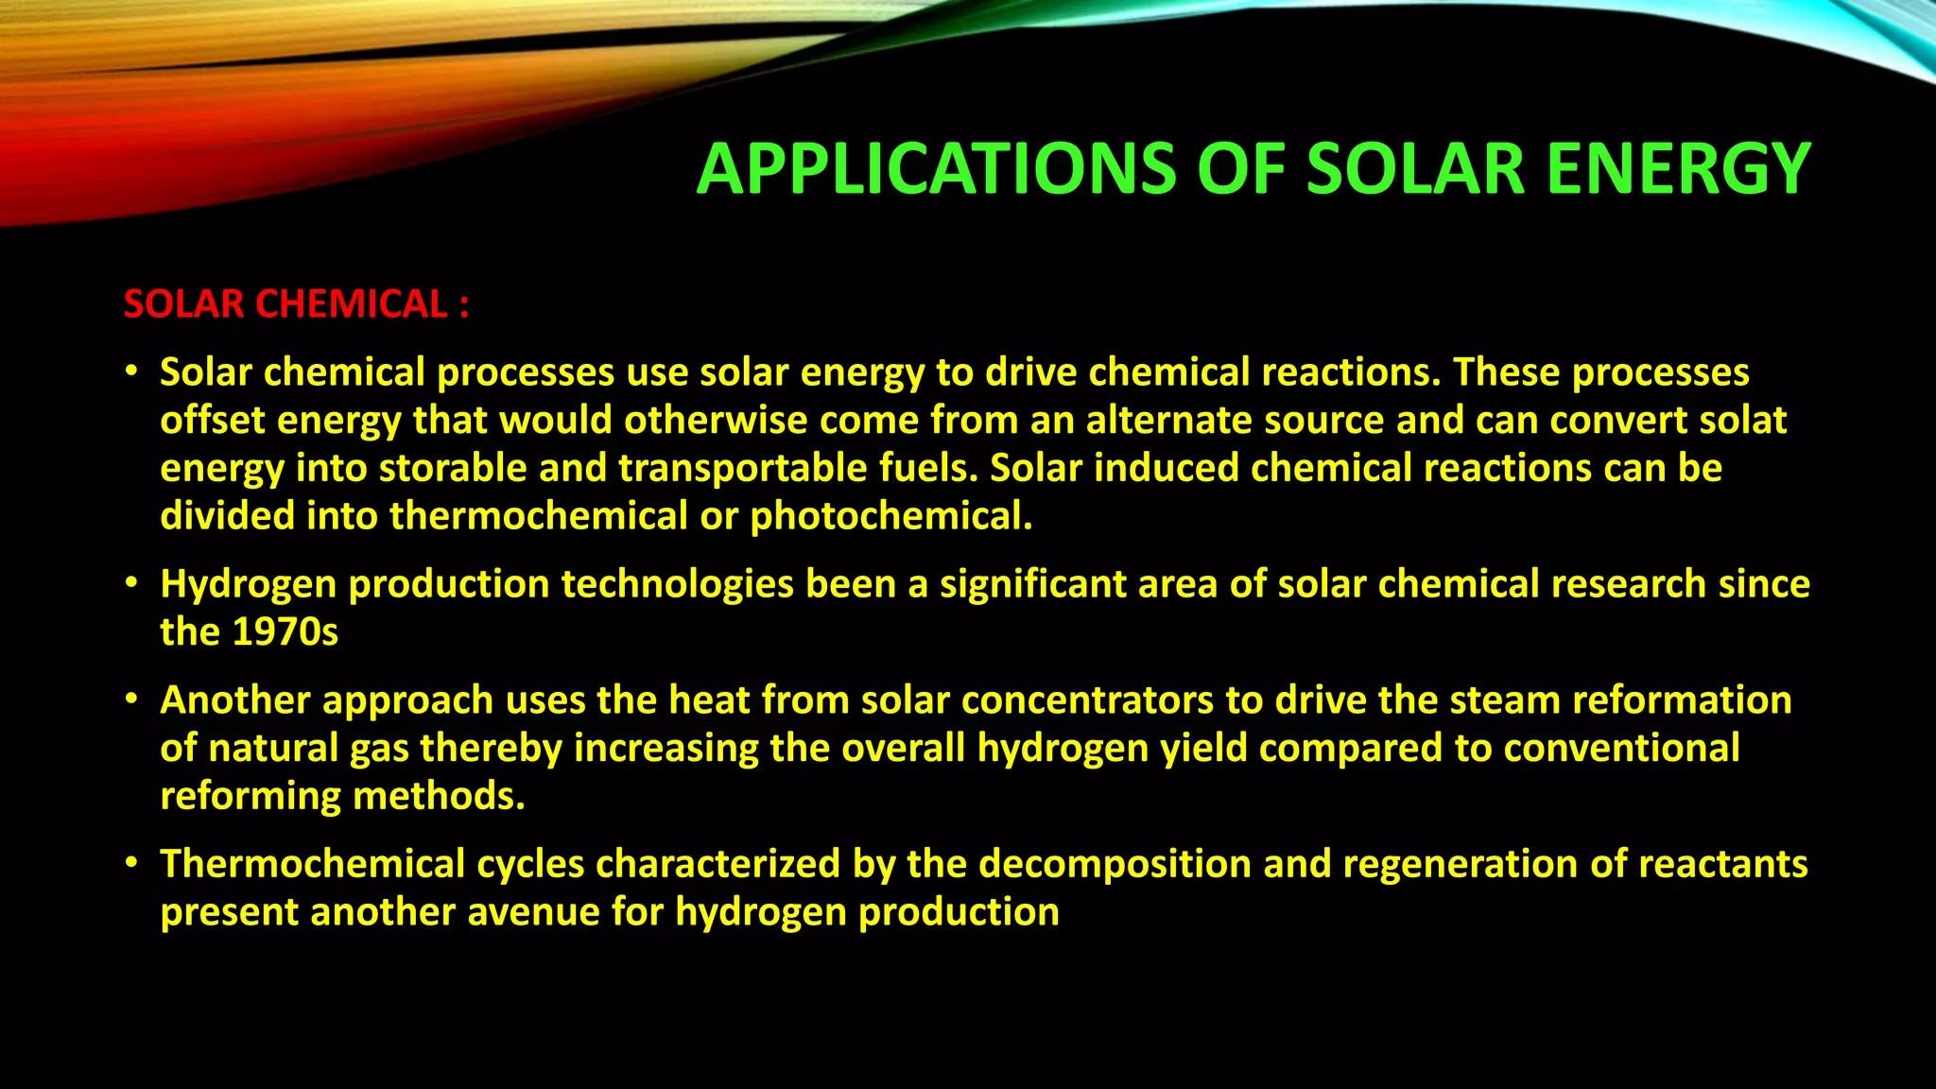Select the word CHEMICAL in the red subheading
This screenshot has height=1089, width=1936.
tap(351, 304)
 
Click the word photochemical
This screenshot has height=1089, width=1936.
tap(890, 516)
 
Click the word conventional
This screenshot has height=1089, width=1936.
tap(1621, 748)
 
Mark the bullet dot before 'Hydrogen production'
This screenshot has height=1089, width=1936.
tap(132, 582)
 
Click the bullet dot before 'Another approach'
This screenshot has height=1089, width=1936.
tap(132, 699)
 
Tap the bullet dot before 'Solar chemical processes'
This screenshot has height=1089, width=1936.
tap(132, 371)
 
